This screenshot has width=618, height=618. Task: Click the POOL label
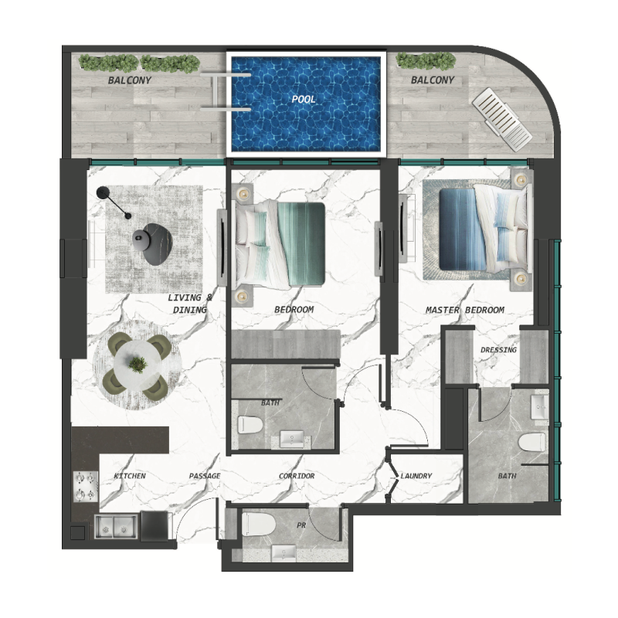(304, 100)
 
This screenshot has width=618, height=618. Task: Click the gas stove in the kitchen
(84, 485)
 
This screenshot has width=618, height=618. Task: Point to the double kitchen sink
(115, 527)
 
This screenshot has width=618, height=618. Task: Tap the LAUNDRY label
(416, 476)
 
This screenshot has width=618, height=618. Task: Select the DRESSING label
(498, 350)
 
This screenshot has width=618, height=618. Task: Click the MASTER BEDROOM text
(465, 310)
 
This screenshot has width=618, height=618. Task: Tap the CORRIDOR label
(297, 476)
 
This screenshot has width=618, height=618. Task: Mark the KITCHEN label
(130, 476)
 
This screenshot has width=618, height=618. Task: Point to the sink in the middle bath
(292, 439)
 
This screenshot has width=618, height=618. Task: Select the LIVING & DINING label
(188, 304)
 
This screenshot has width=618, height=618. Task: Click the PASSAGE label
(205, 476)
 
